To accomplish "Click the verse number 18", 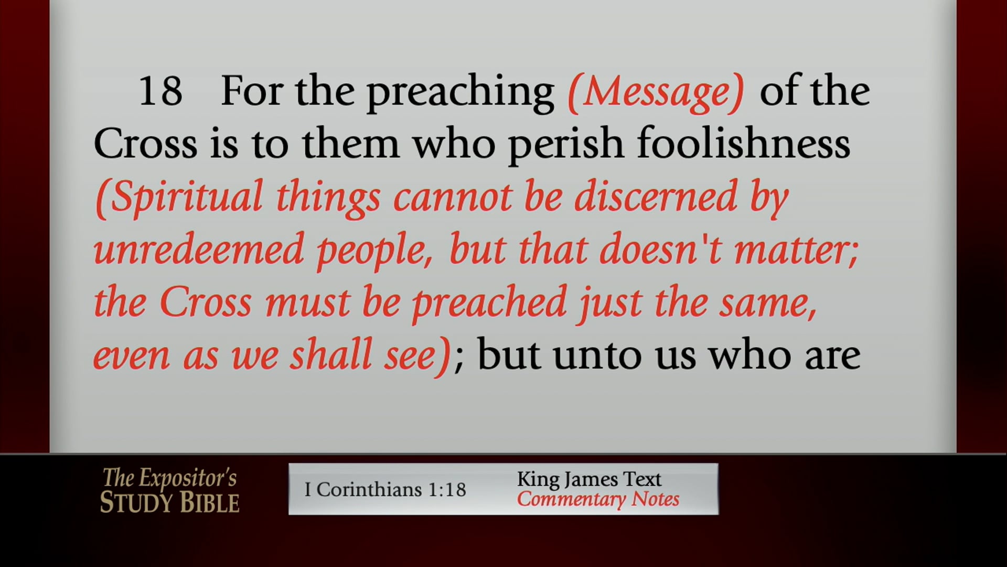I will click(160, 91).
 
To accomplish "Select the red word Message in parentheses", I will click(656, 92).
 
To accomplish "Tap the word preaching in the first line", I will click(460, 92).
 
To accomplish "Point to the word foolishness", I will click(743, 144).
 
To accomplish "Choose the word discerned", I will click(656, 197).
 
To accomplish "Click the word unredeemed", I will click(199, 249).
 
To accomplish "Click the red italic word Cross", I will click(206, 302).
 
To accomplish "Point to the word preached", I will click(489, 303).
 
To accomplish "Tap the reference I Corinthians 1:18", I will click(385, 489).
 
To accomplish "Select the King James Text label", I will click(589, 479).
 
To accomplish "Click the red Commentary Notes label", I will click(598, 499).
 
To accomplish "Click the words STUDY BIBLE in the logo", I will click(169, 502).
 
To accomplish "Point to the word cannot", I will click(453, 197).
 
